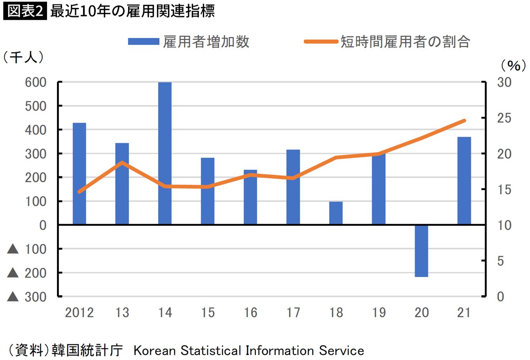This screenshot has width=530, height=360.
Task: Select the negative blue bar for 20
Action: click(421, 251)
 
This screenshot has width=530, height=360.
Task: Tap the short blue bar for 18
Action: click(336, 213)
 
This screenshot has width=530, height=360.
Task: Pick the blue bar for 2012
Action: click(79, 174)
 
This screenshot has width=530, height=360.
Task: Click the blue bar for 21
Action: click(464, 181)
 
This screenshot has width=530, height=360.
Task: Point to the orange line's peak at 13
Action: click(122, 162)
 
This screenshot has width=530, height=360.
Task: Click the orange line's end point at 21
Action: click(464, 121)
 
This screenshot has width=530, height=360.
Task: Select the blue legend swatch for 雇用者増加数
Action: click(143, 41)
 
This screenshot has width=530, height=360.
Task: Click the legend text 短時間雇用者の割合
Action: click(405, 41)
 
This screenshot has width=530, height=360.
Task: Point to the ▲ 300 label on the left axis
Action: click(27, 297)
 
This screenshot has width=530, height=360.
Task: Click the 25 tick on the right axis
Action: click(504, 118)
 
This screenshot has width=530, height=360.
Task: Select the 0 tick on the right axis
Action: click(500, 296)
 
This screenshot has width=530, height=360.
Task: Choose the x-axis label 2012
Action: click(79, 313)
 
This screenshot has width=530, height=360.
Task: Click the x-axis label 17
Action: click(293, 313)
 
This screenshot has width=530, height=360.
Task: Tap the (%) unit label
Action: click(513, 65)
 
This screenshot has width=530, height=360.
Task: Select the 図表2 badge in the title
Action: click(25, 11)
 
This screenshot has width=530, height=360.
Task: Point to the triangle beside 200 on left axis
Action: click(13, 273)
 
